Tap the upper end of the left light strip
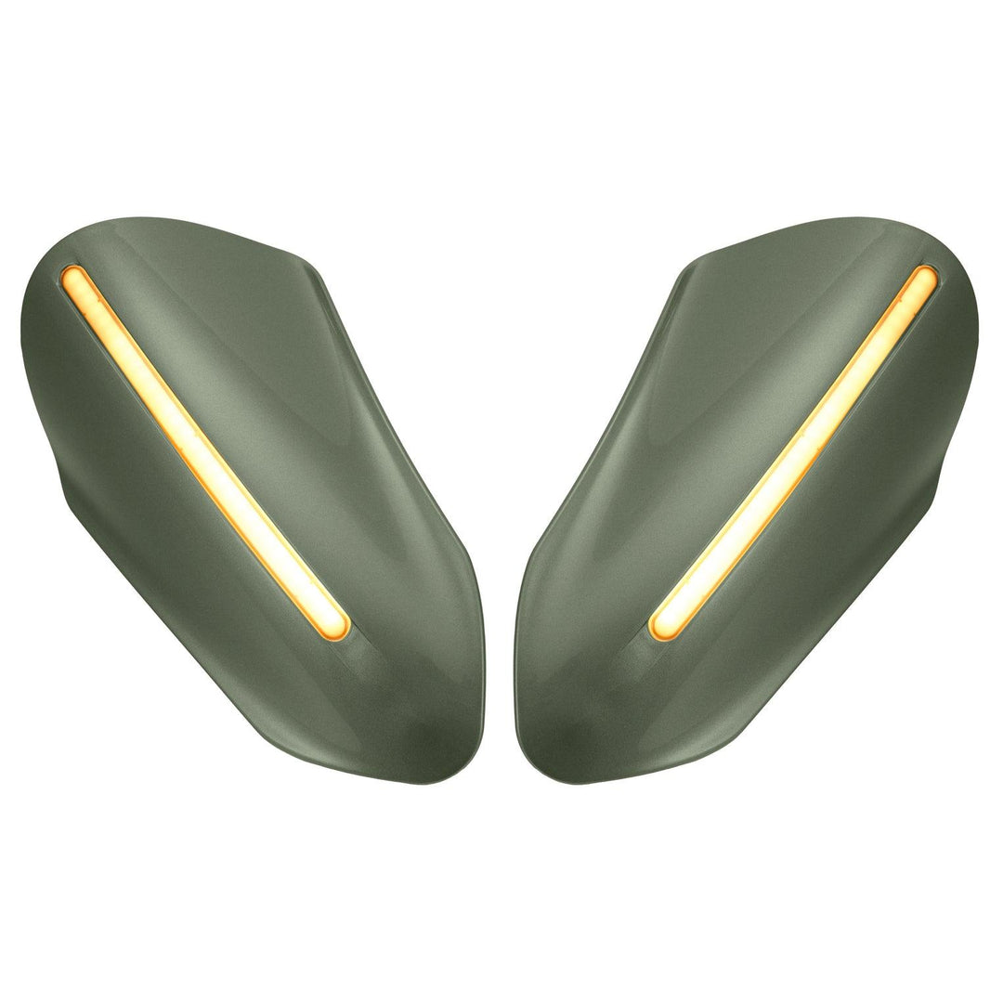point(72,278)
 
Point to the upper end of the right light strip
point(926,278)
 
